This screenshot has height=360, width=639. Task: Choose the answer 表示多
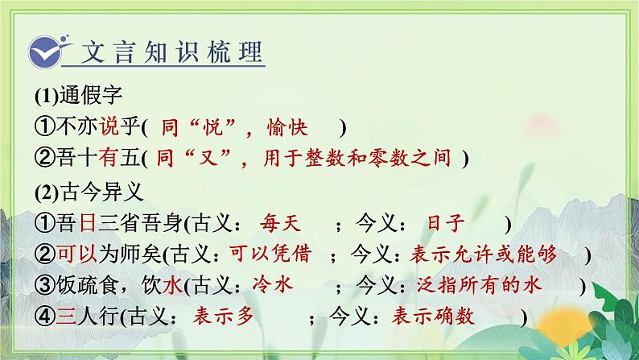click(x=229, y=317)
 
